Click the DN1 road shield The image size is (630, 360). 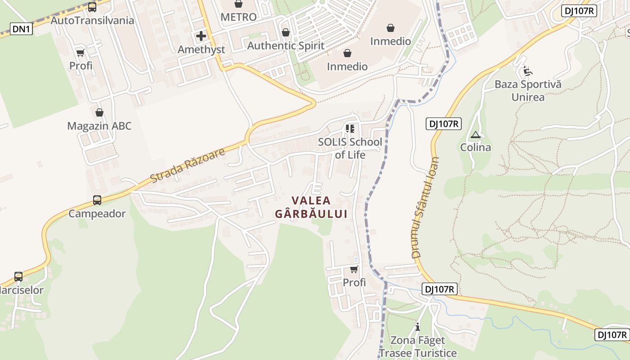click(x=21, y=29)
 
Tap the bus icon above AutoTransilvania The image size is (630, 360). click(x=92, y=7)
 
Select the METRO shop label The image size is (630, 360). click(x=238, y=17)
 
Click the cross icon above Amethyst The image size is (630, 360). click(x=201, y=36)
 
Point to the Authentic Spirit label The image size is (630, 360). click(x=286, y=45)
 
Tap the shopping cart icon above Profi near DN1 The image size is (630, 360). click(x=81, y=53)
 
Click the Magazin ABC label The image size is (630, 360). click(x=99, y=126)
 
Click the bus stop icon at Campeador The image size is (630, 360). click(x=97, y=200)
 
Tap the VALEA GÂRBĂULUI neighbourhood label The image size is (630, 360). click(x=311, y=207)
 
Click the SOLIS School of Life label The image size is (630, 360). click(x=350, y=148)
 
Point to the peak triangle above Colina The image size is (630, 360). click(x=475, y=135)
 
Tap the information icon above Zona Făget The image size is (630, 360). click(x=418, y=327)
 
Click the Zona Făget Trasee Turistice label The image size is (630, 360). click(x=418, y=346)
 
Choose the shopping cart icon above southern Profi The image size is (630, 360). click(x=354, y=270)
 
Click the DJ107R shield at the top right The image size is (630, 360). click(x=579, y=11)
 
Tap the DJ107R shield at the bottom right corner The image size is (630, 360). click(x=612, y=334)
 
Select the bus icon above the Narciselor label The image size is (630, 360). click(x=18, y=276)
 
